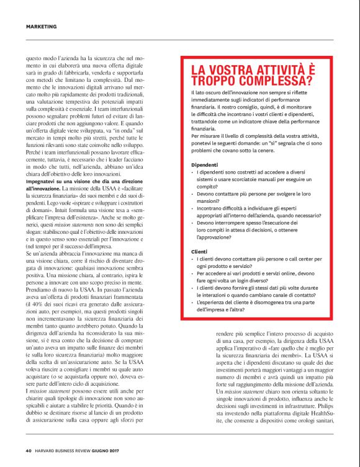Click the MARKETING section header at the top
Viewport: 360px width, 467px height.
tap(42, 27)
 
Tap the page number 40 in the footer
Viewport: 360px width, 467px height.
tap(29, 451)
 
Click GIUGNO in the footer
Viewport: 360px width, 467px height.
tap(109, 451)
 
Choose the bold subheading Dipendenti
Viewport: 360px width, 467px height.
tap(204, 164)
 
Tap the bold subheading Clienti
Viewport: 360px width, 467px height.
tap(199, 251)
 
